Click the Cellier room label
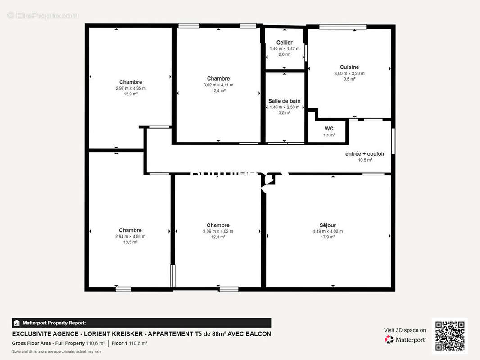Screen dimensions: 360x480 pyautogui.click(x=284, y=43)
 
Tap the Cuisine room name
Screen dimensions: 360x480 pyautogui.click(x=349, y=67)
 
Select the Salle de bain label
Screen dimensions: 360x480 pyautogui.click(x=284, y=101)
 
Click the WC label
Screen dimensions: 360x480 pyautogui.click(x=329, y=129)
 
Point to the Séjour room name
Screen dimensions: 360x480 pyautogui.click(x=327, y=225)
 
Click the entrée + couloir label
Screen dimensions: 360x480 pyautogui.click(x=365, y=154)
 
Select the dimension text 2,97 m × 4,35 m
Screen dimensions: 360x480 pyautogui.click(x=131, y=88)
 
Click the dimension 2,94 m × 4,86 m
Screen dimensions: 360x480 pyautogui.click(x=130, y=236)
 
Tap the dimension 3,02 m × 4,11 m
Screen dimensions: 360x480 pyautogui.click(x=218, y=85)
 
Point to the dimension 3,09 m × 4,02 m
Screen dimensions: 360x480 pyautogui.click(x=218, y=231)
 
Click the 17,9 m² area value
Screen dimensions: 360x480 pyautogui.click(x=327, y=237)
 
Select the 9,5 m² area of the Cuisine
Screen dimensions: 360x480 pyautogui.click(x=349, y=79)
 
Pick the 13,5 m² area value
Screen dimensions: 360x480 pyautogui.click(x=130, y=242)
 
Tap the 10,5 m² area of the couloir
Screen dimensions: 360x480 pyautogui.click(x=365, y=160)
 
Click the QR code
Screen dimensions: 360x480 pyautogui.click(x=450, y=336)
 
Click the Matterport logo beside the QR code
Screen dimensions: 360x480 pyautogui.click(x=405, y=339)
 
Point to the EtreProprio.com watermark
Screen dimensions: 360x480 pyautogui.click(x=43, y=15)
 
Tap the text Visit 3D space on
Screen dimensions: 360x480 pyautogui.click(x=405, y=330)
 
